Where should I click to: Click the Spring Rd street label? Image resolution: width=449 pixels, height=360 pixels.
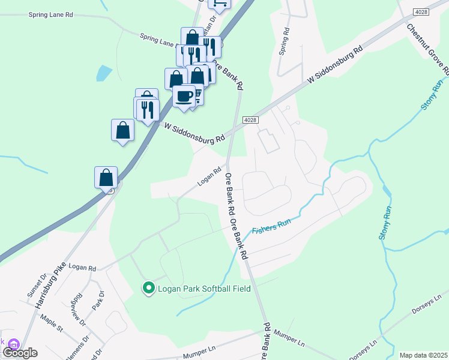285,41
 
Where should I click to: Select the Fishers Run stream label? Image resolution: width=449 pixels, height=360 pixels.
271,226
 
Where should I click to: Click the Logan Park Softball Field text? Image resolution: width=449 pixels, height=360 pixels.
204,289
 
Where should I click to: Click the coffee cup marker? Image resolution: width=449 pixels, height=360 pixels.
184,95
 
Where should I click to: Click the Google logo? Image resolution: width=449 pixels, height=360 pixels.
20,353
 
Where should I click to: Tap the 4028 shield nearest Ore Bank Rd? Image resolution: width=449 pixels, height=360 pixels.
251,121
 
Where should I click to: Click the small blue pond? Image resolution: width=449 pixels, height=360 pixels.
103,73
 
